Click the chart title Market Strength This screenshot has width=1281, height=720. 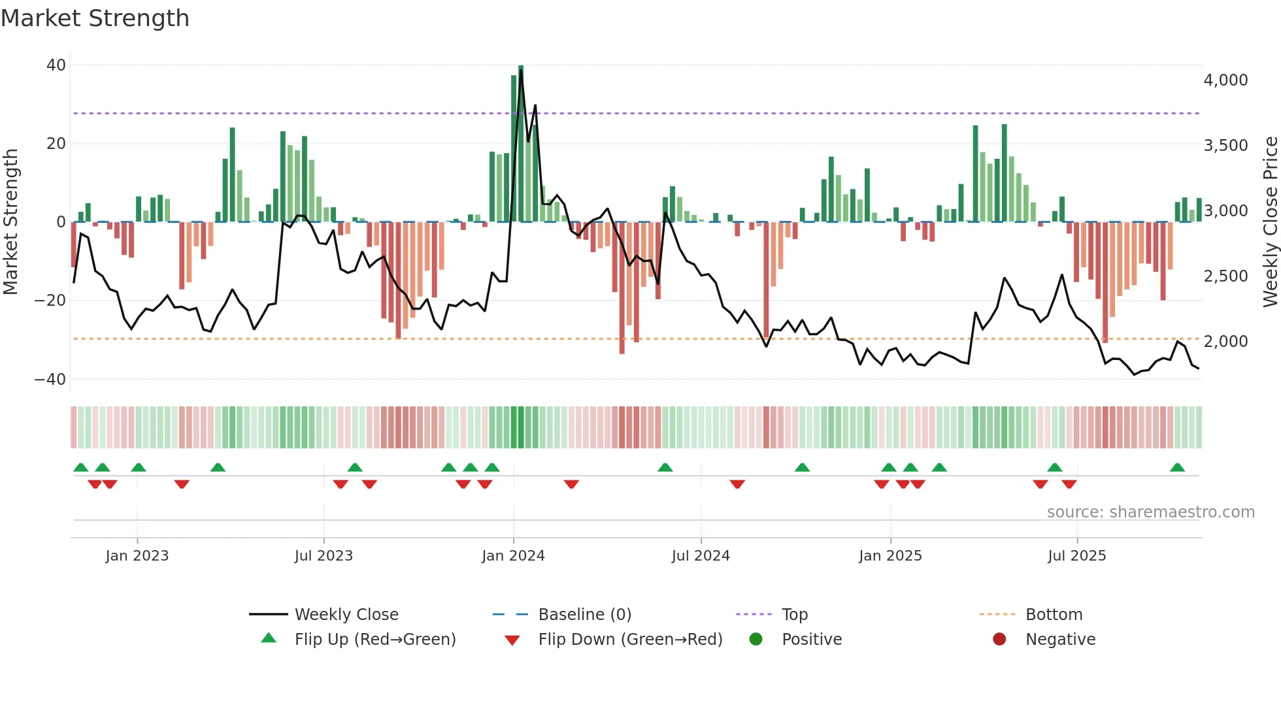(95, 18)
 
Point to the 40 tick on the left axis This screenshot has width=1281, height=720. (56, 65)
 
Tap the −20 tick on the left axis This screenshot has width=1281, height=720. (50, 301)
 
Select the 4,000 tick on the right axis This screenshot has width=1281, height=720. (1225, 80)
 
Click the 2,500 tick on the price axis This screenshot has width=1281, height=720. (1225, 276)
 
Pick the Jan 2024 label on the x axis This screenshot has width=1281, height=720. (513, 556)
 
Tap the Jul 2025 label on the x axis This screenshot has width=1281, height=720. (1076, 556)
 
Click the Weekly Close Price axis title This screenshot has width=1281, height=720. (1270, 222)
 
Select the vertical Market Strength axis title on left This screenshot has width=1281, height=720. (11, 222)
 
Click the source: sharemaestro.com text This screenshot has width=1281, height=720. (1150, 512)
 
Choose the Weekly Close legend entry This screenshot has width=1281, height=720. (346, 615)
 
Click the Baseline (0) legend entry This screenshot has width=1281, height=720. (584, 615)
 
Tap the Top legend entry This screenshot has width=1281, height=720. (794, 615)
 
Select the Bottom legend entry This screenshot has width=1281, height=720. (1054, 615)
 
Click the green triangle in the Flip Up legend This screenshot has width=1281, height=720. (269, 638)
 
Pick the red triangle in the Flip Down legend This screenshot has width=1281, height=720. (512, 640)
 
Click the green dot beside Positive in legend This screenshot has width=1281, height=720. (756, 639)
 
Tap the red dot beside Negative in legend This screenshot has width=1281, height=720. (999, 639)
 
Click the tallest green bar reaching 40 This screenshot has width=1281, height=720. (521, 144)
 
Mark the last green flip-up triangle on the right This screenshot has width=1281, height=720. (1177, 468)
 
